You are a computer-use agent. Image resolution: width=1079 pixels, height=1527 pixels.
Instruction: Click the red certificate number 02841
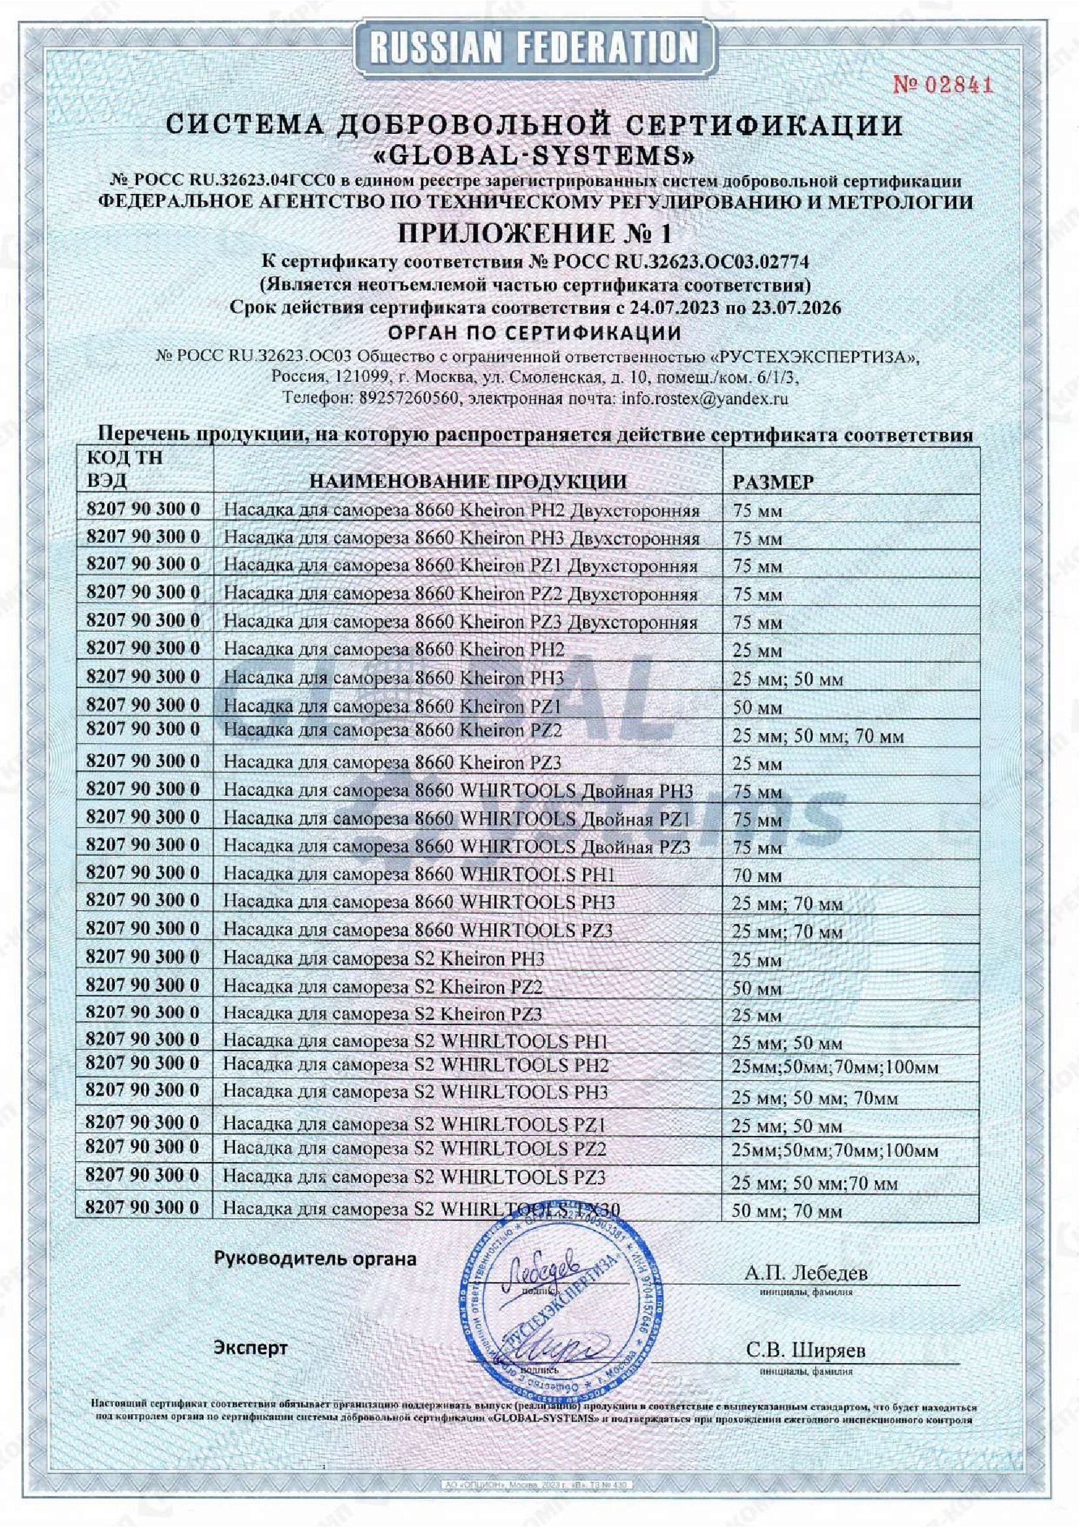pyautogui.click(x=942, y=85)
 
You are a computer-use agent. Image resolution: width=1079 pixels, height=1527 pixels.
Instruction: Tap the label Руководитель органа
pyautogui.click(x=315, y=1258)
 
